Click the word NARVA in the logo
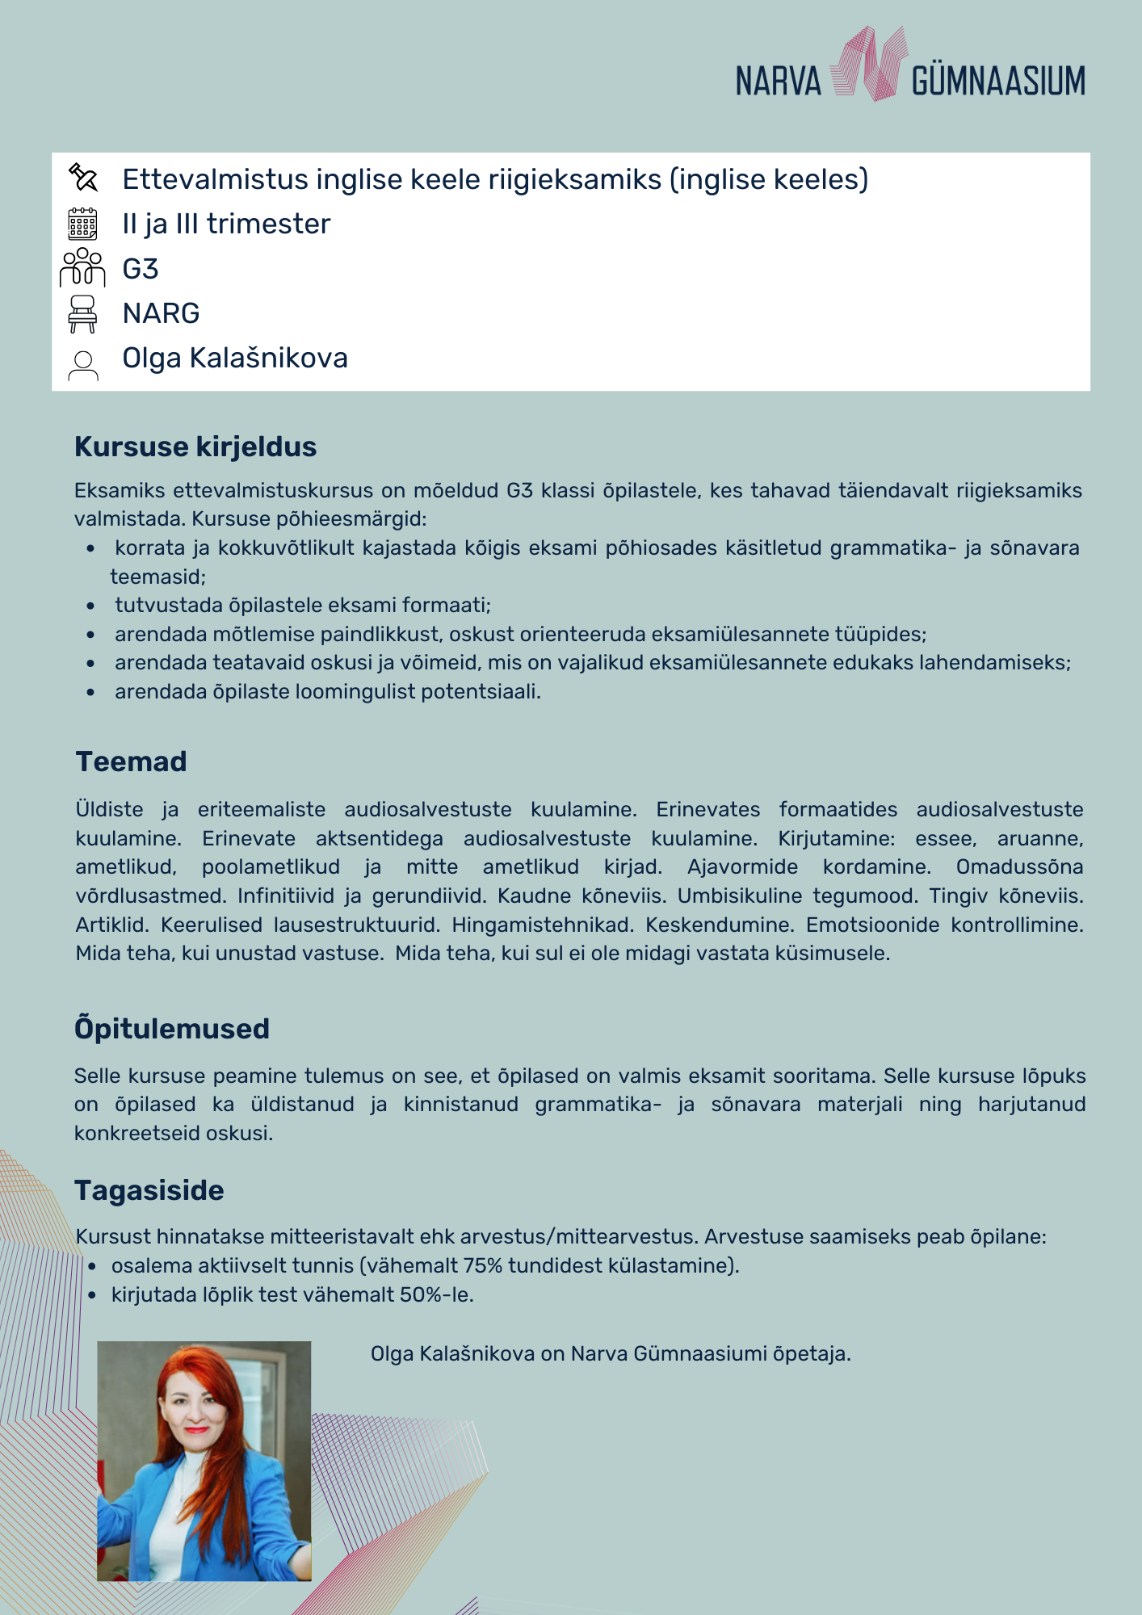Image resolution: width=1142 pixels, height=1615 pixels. [778, 82]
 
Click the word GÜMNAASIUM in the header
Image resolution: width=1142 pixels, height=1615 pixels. [998, 82]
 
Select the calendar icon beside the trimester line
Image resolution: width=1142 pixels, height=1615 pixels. [82, 224]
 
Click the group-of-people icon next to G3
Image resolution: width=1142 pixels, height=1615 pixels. [82, 267]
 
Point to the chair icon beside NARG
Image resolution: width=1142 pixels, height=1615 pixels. [82, 313]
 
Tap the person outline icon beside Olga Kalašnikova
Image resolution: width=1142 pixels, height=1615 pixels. [82, 365]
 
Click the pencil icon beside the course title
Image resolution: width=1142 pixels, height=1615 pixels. [83, 177]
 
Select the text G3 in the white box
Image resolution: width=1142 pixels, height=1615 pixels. [141, 269]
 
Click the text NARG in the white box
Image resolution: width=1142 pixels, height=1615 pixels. [161, 313]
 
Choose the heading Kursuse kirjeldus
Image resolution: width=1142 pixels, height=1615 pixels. [195, 447]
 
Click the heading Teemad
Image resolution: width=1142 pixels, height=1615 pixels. [131, 761]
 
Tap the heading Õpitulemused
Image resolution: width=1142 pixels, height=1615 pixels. [172, 1029]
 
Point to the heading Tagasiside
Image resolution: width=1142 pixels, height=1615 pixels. [149, 1190]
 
